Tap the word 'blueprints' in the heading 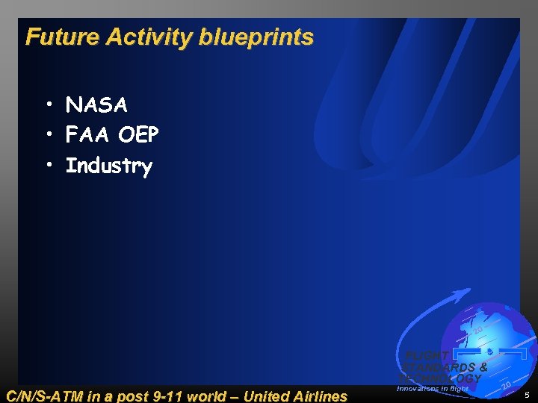pos(256,37)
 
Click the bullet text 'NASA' pos(96,105)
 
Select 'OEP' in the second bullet pos(138,135)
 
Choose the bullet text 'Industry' pos(109,166)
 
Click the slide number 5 pos(527,395)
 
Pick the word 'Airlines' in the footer pos(321,396)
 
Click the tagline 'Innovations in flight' pos(433,389)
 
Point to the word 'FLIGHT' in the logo pos(427,356)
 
